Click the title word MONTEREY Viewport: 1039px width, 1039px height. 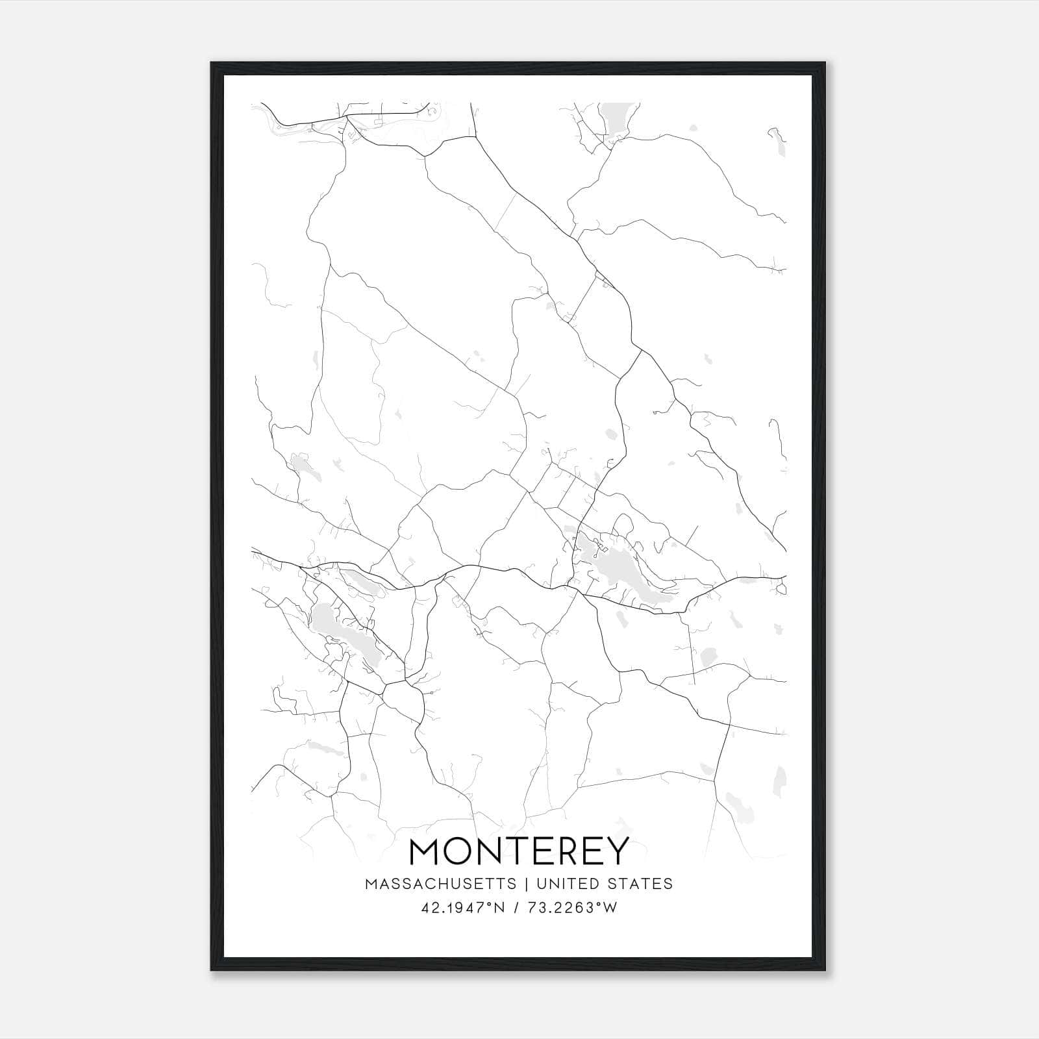[x=519, y=851]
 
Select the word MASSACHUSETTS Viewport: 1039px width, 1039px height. [x=441, y=884]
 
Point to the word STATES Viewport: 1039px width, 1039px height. [x=642, y=884]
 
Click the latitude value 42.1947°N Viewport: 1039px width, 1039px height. [x=463, y=908]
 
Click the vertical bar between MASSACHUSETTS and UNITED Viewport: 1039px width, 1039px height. [x=524, y=884]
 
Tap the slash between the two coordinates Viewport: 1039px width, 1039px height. [x=516, y=908]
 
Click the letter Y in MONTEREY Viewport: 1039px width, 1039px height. [x=617, y=851]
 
